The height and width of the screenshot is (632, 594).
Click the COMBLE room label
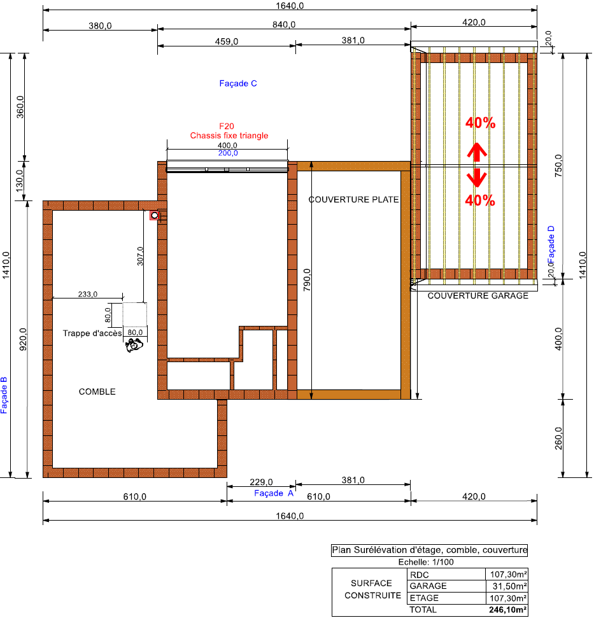point(97,392)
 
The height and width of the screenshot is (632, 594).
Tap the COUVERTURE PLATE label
point(353,199)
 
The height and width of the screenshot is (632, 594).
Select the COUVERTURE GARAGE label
point(478,296)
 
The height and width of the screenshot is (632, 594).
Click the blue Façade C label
point(238,83)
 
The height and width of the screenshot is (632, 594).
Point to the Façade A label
point(274,493)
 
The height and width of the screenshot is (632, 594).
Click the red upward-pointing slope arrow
point(477,152)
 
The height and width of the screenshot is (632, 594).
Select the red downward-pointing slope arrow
point(477,178)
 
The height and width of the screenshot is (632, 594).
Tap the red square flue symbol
point(155,216)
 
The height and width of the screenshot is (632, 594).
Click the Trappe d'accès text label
point(92,334)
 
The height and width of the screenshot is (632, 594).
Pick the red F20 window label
point(227,126)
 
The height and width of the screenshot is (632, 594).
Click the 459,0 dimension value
point(227,41)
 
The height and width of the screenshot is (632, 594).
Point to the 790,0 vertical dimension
point(308,280)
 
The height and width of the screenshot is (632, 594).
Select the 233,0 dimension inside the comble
point(87,294)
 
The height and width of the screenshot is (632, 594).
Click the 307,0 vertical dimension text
point(140,256)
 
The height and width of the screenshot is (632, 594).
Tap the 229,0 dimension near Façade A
point(261,482)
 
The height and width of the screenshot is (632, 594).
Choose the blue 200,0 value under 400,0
point(228,153)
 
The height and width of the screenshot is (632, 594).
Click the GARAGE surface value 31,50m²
point(510,586)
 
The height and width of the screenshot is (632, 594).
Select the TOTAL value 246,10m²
point(508,610)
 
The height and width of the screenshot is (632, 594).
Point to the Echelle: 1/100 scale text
point(426,562)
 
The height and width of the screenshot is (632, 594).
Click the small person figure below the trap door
point(134,345)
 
